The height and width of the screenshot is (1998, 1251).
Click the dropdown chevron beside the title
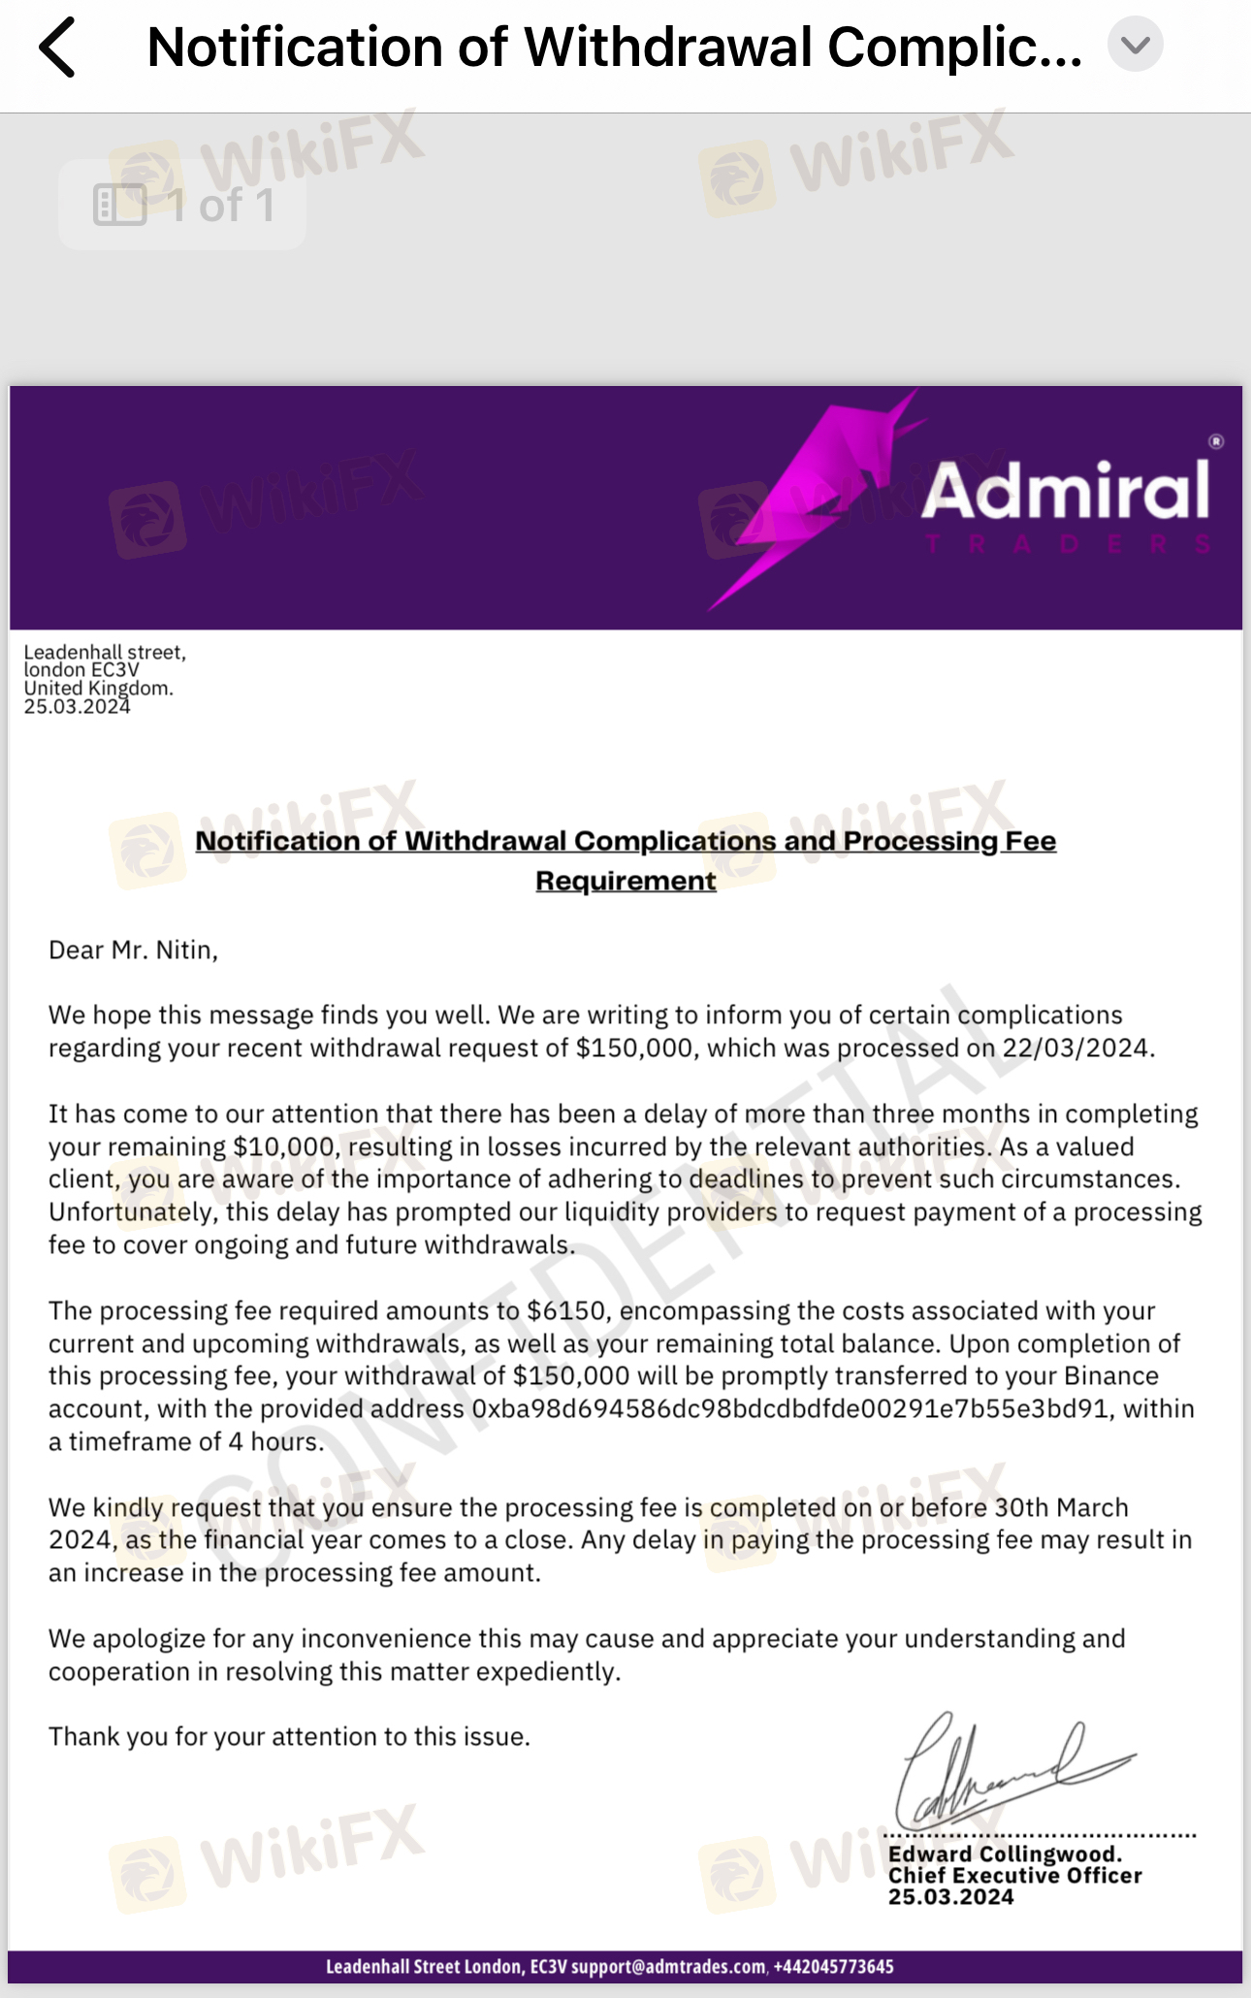click(1136, 45)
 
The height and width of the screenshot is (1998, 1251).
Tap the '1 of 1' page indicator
click(183, 206)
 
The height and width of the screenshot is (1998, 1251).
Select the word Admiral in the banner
click(1066, 491)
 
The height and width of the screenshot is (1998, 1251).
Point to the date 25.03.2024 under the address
click(77, 707)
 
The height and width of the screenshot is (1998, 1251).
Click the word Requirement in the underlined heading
click(625, 881)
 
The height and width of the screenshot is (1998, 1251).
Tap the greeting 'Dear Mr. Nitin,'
click(133, 950)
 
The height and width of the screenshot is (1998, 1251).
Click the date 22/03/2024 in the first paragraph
click(1075, 1048)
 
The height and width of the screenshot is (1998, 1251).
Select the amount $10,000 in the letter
click(283, 1146)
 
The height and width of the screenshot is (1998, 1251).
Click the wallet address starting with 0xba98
click(789, 1408)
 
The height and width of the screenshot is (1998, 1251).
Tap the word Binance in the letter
click(1111, 1375)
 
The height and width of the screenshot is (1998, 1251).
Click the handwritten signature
click(1009, 1771)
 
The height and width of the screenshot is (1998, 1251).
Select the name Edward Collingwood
click(1005, 1853)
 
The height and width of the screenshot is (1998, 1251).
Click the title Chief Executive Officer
click(1014, 1876)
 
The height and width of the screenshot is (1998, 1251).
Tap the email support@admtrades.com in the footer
click(668, 1966)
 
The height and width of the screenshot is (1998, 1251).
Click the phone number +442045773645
click(833, 1966)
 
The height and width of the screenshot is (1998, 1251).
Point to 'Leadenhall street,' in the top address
click(105, 653)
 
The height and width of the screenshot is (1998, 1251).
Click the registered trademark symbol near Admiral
click(1216, 441)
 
